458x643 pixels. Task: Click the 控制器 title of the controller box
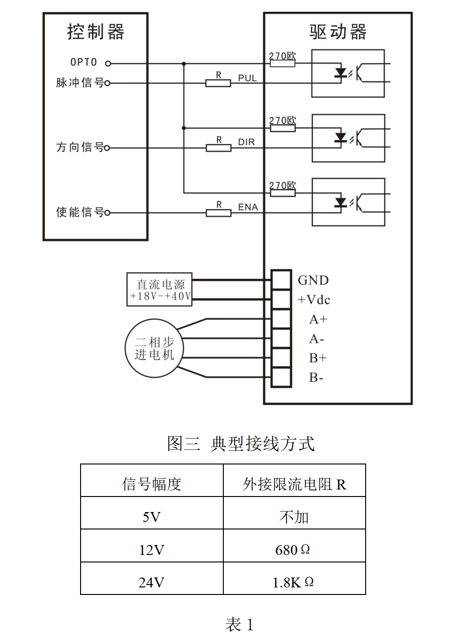tap(96, 32)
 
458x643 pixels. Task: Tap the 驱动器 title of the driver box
tap(337, 32)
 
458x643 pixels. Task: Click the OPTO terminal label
tap(83, 62)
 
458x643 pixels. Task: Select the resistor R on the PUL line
tap(218, 83)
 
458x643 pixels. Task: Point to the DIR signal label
tap(246, 142)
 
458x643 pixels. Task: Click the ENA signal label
tap(247, 207)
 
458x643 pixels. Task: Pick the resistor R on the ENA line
tap(219, 213)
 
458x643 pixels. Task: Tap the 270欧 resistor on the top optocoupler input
tap(282, 63)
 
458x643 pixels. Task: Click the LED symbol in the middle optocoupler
tap(340, 138)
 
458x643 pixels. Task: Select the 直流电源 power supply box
tap(160, 290)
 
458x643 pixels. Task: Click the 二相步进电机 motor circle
tap(154, 349)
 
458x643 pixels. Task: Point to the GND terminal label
tap(313, 280)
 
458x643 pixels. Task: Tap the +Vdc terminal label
tap(314, 300)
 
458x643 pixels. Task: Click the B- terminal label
tap(316, 378)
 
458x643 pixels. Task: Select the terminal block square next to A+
tap(281, 319)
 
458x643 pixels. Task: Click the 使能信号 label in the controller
tap(80, 212)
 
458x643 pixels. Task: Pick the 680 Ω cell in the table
tap(293, 550)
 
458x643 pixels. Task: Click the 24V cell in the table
tap(151, 583)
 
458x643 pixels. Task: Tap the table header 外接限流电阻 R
tap(294, 484)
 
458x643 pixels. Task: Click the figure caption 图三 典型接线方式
tap(241, 444)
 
